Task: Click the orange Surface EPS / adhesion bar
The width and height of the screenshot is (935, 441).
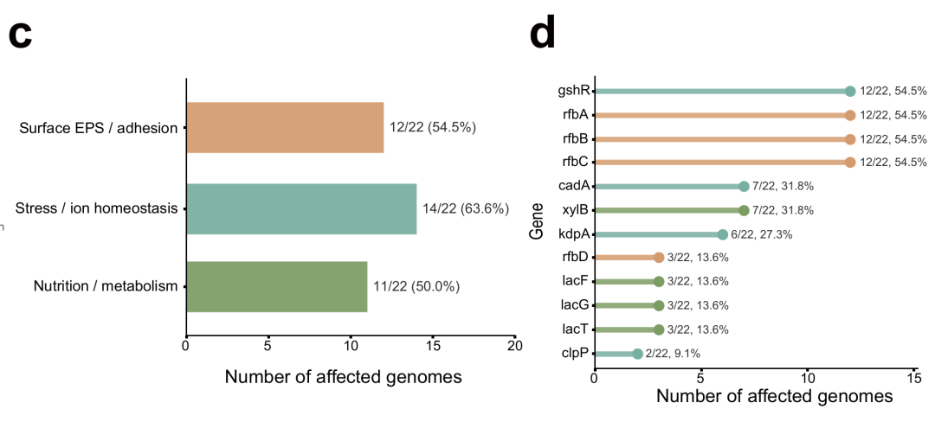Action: click(285, 127)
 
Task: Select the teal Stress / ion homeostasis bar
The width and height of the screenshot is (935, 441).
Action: click(302, 208)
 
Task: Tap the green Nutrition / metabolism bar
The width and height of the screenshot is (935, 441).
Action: click(277, 287)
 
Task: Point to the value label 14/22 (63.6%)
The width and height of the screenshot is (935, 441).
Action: click(466, 208)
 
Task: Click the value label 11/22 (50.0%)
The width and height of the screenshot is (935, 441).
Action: click(416, 287)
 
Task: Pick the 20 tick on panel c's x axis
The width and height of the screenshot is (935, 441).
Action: click(514, 346)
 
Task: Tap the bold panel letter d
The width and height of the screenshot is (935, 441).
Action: click(543, 32)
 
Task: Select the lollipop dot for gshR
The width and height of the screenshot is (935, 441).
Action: click(850, 91)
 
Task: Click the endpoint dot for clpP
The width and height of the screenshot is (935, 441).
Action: click(637, 354)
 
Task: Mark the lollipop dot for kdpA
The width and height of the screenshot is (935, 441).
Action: click(722, 234)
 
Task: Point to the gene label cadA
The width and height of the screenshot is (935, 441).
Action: click(574, 186)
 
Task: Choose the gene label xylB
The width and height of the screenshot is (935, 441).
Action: click(576, 210)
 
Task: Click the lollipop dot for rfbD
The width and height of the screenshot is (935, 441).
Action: click(658, 258)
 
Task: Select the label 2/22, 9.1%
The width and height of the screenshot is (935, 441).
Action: click(674, 354)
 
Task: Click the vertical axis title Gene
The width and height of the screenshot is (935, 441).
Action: click(537, 221)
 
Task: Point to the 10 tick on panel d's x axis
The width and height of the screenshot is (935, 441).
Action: click(808, 378)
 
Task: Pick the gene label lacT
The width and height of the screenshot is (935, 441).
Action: click(576, 329)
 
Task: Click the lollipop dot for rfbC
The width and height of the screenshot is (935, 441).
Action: click(850, 162)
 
